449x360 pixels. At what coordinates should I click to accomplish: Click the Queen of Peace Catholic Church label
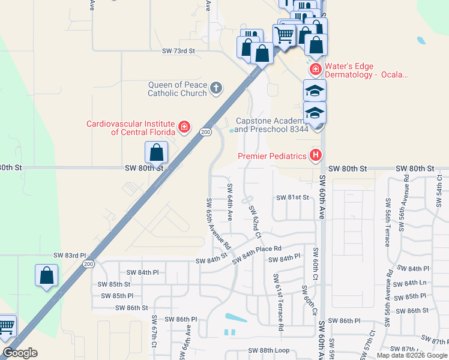(177, 89)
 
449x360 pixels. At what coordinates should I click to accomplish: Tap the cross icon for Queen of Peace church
(216, 89)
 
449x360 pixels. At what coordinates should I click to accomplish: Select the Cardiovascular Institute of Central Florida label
(130, 128)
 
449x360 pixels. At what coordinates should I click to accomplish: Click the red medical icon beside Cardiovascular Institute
(184, 128)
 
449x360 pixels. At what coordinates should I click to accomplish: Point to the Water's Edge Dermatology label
(366, 71)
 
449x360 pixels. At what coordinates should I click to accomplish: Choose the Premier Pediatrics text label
(272, 156)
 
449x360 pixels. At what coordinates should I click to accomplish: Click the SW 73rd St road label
(179, 52)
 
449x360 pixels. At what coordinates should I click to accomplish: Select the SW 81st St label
(292, 197)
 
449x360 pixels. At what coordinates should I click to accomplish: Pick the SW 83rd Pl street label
(70, 255)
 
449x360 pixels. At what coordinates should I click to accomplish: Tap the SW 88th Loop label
(269, 350)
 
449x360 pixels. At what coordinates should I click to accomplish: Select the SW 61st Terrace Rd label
(278, 302)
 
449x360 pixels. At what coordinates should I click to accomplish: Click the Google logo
(20, 353)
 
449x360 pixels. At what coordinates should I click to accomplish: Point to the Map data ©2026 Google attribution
(411, 355)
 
